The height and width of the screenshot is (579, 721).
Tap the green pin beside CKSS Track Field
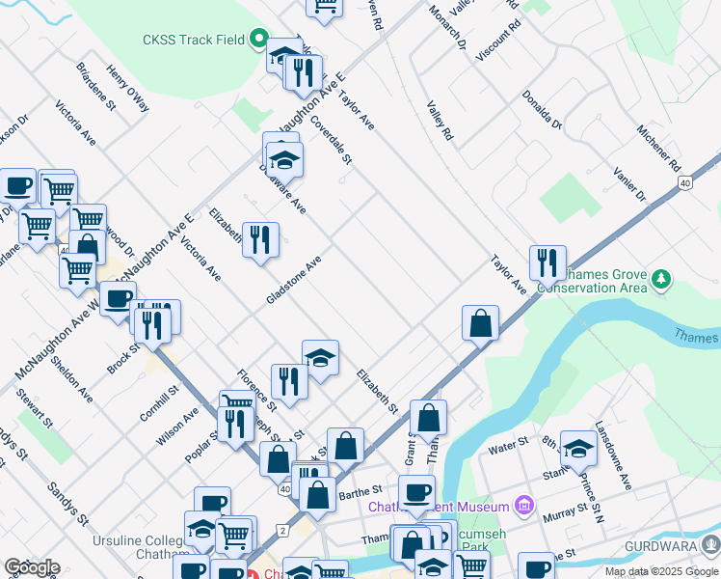(257, 40)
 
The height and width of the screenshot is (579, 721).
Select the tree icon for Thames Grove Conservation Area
(660, 280)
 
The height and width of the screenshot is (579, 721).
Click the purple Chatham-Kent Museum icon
(523, 505)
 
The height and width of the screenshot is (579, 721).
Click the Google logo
(32, 567)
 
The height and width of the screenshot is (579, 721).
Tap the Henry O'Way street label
(128, 89)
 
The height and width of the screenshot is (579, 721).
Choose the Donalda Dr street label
(542, 109)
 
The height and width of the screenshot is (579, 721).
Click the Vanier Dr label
(629, 183)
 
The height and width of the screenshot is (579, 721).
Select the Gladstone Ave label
(294, 280)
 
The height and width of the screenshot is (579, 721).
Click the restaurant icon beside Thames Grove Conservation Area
(547, 263)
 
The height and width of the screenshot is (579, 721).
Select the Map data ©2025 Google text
(661, 571)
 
